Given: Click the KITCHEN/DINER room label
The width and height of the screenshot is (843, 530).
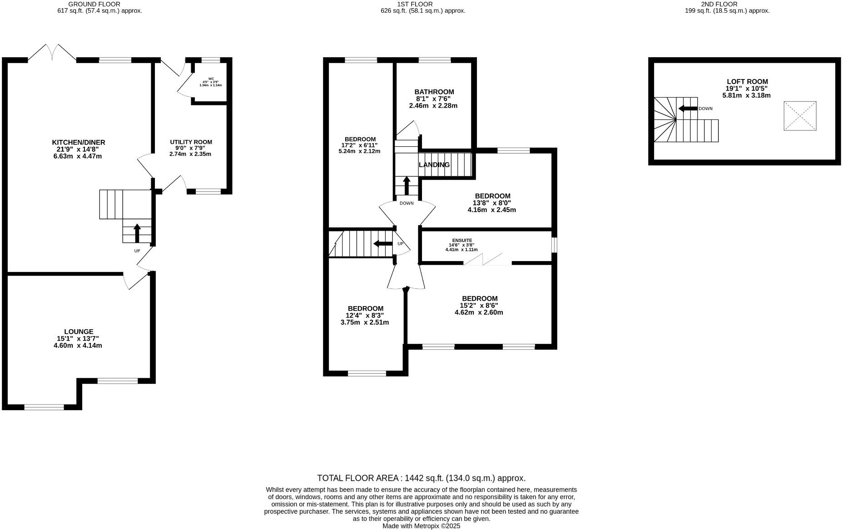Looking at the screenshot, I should coord(78,143).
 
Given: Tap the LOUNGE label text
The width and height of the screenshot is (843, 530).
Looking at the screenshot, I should coord(79,332).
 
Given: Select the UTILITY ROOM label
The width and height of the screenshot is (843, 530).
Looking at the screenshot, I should coord(191,142).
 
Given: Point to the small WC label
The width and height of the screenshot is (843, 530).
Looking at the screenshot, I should coord(211,79).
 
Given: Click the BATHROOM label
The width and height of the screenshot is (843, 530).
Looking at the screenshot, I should coord(434,92).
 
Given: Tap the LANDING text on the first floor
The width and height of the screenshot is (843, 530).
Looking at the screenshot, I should coord(434,165).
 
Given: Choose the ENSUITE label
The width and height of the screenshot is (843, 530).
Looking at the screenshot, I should coord(462,240).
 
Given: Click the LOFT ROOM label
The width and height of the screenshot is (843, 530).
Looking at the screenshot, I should coord(747,82).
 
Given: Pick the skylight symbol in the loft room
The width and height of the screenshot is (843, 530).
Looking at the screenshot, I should coord(800,116).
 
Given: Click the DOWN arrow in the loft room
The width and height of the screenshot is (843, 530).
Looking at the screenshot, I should coord(688,109).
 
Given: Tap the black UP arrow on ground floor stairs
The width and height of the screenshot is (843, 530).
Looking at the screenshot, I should coord(137,233).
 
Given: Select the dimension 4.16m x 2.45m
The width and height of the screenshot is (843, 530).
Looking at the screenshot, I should coord(491,210).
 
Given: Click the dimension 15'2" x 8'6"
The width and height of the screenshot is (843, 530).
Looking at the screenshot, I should coord(479,306).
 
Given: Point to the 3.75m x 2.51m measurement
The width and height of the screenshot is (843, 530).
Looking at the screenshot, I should coord(365,322).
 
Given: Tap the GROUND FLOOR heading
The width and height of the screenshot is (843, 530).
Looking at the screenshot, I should coord(94,4).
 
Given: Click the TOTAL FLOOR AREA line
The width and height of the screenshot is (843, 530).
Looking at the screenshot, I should coord(421,478).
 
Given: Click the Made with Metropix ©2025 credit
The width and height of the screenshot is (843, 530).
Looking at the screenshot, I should coord(421,526).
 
